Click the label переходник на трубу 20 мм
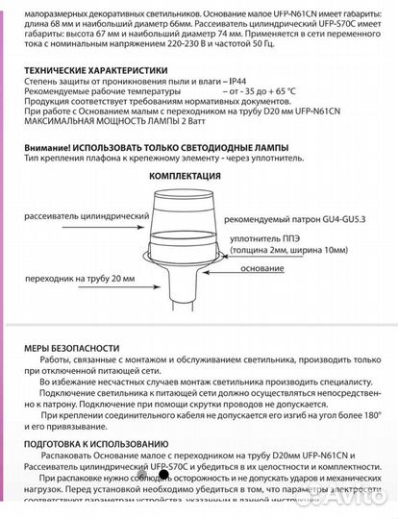pyautogui.click(x=83, y=279)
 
